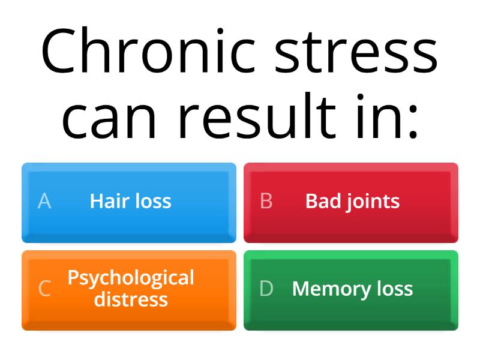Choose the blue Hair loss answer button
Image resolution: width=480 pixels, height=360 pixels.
coord(129,202)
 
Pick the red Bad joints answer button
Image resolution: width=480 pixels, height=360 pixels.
coord(351,202)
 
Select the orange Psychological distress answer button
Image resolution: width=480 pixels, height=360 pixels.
coord(129,290)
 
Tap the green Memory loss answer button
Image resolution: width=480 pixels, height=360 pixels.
coord(351,290)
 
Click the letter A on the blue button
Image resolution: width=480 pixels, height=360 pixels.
coord(44,202)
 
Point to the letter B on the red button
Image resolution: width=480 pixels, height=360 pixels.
coord(266,202)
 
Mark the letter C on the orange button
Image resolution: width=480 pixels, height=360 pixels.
coord(44,289)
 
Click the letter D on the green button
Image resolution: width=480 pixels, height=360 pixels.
coord(266,289)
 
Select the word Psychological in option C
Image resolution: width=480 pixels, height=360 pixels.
coord(131,278)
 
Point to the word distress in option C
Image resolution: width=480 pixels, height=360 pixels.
coord(131,298)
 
